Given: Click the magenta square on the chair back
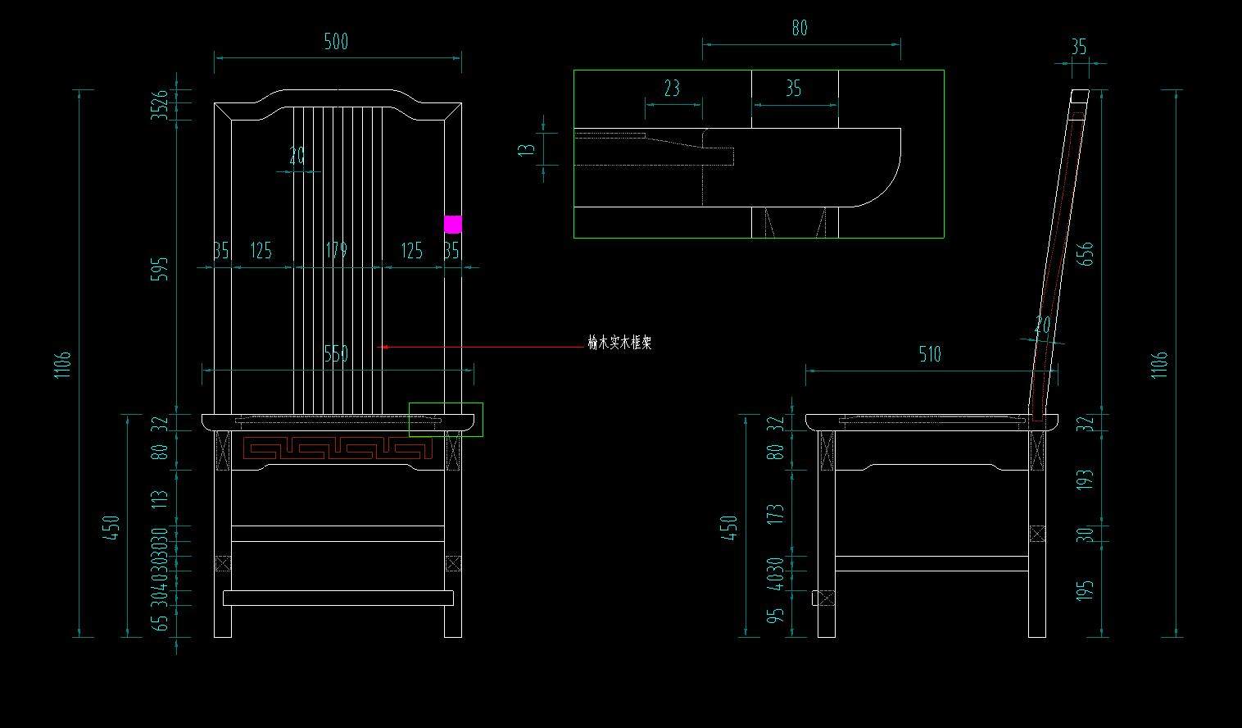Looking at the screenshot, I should [x=452, y=224].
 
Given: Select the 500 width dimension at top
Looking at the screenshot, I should [x=336, y=42].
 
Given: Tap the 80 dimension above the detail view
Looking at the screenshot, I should [x=800, y=29].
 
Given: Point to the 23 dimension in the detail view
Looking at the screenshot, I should [x=672, y=89].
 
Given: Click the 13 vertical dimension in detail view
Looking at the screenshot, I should [x=527, y=150].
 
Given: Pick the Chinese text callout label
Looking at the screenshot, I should [x=619, y=344].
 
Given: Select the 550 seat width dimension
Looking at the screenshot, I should [x=336, y=354].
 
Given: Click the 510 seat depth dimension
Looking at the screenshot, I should [x=930, y=354].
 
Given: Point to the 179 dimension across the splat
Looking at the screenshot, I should [x=336, y=250].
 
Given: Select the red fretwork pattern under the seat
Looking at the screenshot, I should [x=338, y=448].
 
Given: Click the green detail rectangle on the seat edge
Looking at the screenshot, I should [x=446, y=419].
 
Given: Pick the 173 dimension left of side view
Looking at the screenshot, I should [x=776, y=513].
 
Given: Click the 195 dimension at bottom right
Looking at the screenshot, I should [x=1086, y=590].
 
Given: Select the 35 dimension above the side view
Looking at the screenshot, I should [x=1079, y=47].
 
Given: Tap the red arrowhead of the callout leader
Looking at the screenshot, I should [x=383, y=347].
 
